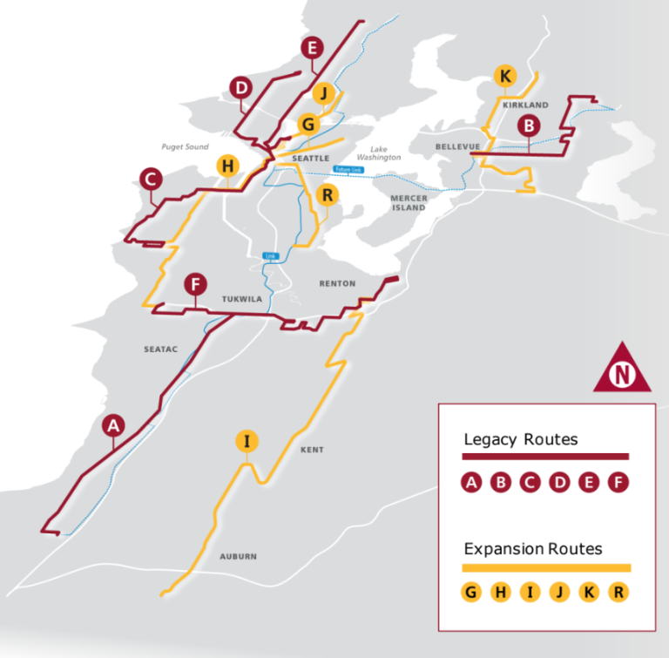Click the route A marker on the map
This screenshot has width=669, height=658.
tap(112, 425)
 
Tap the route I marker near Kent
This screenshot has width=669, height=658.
tap(247, 441)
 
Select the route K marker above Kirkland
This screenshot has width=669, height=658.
tap(504, 76)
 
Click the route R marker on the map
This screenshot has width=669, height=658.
tap(328, 194)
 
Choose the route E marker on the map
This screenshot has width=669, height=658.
tap(311, 49)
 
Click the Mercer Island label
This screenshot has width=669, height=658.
tap(409, 202)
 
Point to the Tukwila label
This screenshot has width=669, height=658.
tap(242, 299)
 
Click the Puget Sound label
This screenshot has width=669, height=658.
tap(185, 147)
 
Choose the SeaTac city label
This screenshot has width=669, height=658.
tap(160, 349)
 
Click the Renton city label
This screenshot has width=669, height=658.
tap(338, 284)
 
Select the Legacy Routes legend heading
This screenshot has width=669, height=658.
tap(521, 439)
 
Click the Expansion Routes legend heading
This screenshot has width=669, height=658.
tap(533, 549)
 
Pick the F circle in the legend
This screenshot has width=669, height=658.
tap(618, 482)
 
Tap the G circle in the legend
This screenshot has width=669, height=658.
tap(472, 593)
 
